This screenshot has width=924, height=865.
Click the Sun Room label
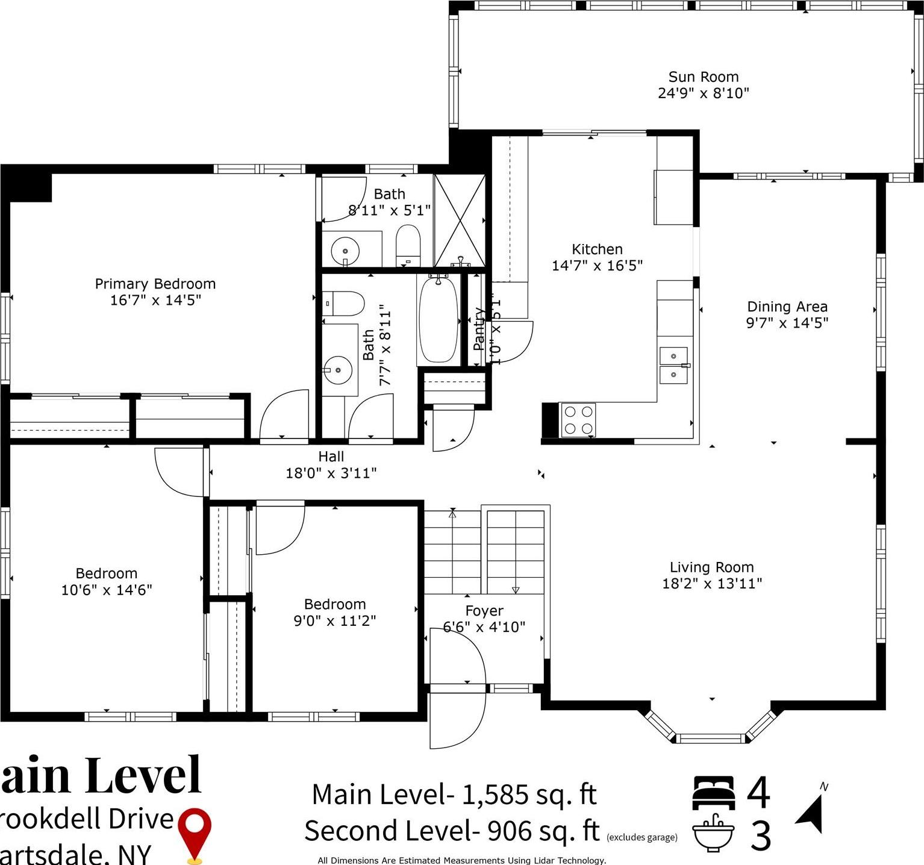tap(703, 77)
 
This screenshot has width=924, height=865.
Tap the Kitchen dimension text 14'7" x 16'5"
tap(597, 266)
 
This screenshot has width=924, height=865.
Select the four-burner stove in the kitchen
tap(578, 420)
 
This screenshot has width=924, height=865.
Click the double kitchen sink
tap(673, 365)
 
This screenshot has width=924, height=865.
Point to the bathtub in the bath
tap(439, 320)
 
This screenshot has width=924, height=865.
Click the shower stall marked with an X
tap(460, 220)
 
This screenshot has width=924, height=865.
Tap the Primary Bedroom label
tap(155, 284)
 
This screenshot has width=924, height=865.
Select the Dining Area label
tap(787, 307)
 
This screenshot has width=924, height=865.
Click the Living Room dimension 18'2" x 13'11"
tap(712, 583)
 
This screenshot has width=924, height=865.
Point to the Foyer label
tap(484, 611)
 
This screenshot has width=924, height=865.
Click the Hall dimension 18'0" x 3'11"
tap(331, 473)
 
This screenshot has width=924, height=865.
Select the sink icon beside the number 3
tap(713, 833)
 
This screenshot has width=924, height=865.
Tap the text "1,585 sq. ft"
tap(529, 795)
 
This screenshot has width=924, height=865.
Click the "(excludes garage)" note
tap(641, 837)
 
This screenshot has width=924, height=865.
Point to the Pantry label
tap(479, 329)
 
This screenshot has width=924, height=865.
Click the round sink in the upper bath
tap(345, 250)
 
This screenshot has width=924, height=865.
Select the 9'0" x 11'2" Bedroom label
tap(335, 604)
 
